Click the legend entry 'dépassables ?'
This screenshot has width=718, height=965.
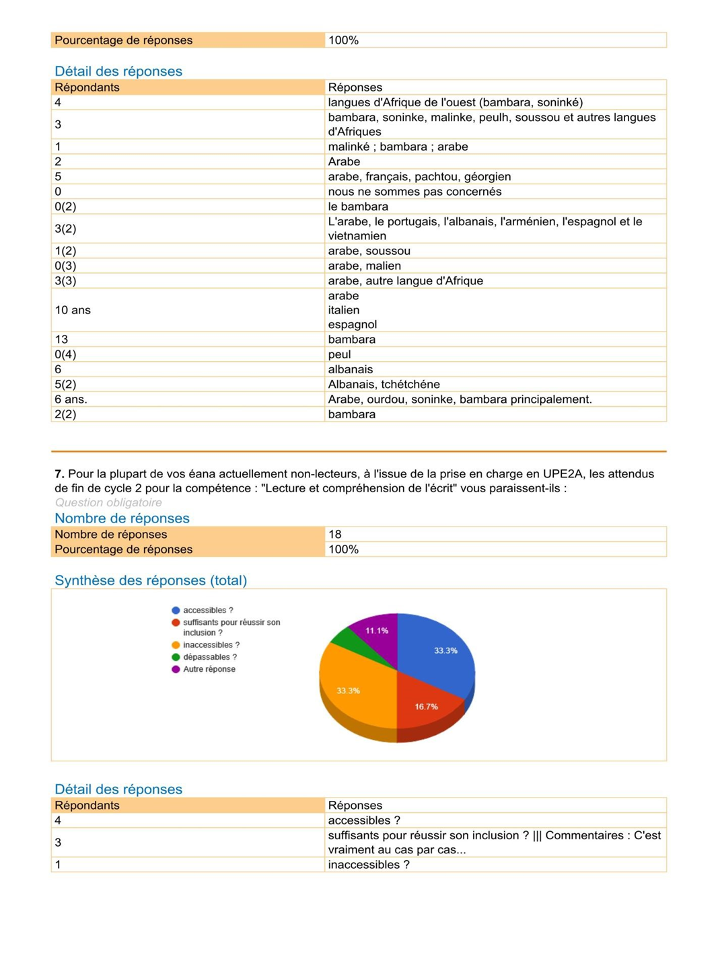coord(209,657)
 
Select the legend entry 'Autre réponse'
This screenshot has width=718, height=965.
coord(209,669)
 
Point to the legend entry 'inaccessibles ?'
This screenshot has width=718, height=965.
coord(211,645)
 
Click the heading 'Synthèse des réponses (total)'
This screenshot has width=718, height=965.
coord(151,580)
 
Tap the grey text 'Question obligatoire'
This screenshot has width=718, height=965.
coord(108,502)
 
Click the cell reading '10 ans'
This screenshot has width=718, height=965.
coord(73,310)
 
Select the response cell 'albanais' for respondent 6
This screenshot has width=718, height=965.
coord(351,369)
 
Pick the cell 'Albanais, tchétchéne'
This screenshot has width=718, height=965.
coord(384,384)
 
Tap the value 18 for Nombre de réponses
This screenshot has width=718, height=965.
coord(335,534)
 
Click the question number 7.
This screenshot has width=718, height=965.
coord(59,473)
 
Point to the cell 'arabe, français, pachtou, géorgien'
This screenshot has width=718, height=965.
coord(419,176)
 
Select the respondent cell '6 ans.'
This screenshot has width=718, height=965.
coord(71,399)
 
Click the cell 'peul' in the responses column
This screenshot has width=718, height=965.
coord(339,354)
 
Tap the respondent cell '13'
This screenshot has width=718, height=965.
coord(61,340)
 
